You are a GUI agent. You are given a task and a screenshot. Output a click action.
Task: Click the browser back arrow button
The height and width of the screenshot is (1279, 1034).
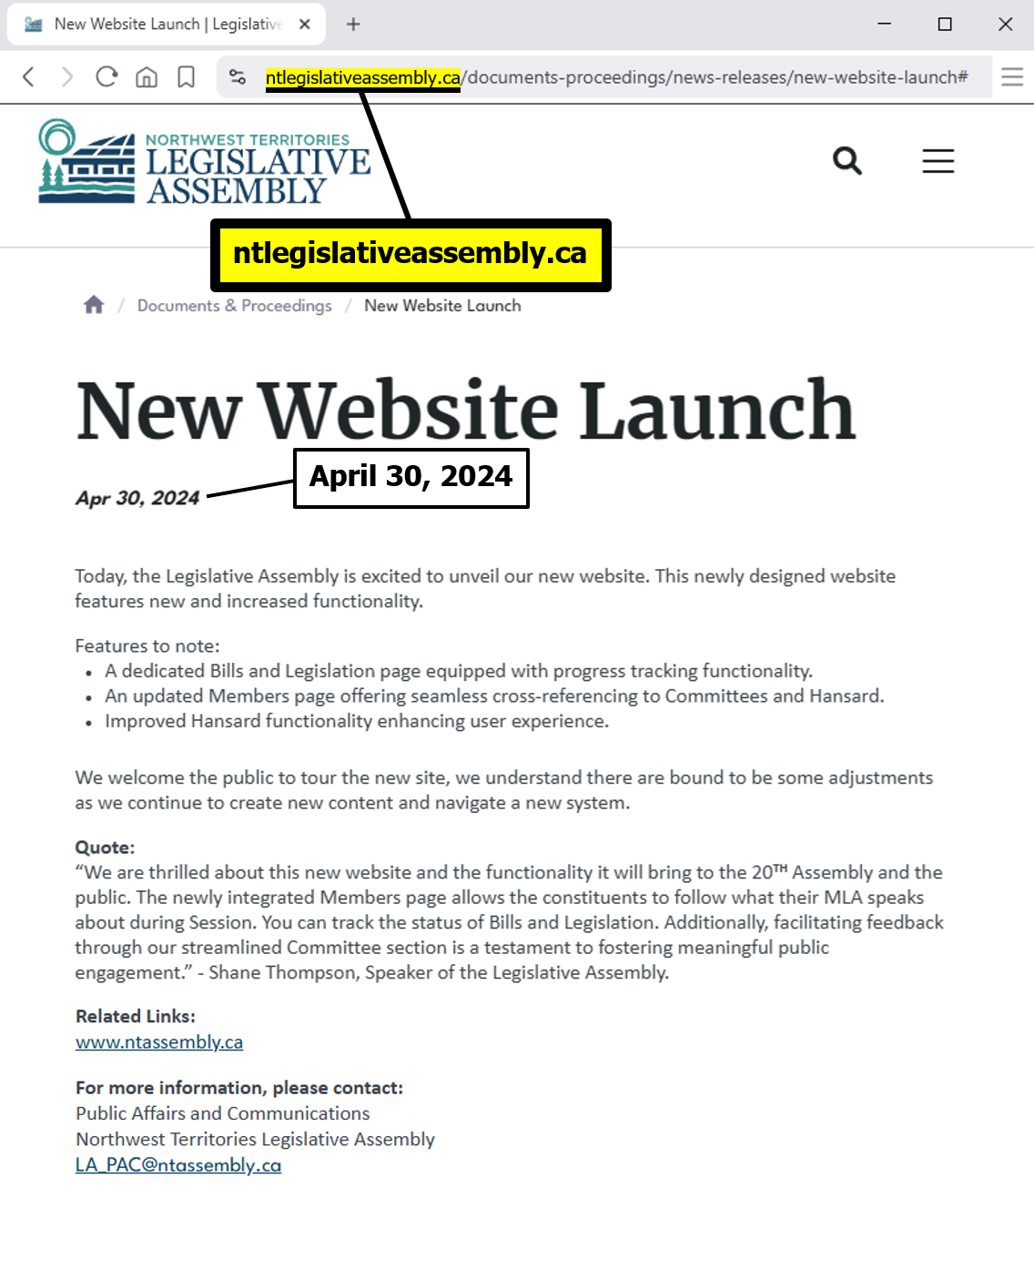point(29,77)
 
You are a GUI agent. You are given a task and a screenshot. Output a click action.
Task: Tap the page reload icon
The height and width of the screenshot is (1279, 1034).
point(106,77)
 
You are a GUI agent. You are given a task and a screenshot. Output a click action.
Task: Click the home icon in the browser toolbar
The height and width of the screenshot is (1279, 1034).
point(147,77)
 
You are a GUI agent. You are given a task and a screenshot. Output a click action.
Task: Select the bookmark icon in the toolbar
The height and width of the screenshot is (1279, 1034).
point(186,77)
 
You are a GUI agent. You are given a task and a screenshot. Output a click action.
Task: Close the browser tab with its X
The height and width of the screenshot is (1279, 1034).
point(305,25)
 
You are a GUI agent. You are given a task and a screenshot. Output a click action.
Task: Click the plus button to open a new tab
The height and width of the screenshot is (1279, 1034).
point(353,25)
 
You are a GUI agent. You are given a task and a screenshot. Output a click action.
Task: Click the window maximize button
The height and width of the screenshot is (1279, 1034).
point(945,25)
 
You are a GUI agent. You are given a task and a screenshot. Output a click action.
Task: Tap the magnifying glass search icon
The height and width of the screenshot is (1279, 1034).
point(846,161)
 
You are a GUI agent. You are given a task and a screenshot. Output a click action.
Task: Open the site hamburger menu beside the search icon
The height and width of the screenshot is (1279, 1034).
point(938,161)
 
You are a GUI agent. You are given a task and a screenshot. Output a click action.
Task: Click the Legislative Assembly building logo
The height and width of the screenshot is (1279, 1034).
point(86,162)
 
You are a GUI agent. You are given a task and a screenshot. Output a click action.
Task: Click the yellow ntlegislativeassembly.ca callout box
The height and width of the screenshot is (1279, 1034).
point(411,255)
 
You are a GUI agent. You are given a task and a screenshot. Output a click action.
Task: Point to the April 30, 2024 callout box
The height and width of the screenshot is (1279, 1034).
point(411,478)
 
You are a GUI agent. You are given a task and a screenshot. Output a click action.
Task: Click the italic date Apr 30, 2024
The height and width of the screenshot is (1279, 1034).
point(137,498)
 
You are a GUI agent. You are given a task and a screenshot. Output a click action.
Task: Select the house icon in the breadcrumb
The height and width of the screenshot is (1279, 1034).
point(94,305)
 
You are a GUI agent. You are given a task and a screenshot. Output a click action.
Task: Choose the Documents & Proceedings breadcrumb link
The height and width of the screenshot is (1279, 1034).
point(234,306)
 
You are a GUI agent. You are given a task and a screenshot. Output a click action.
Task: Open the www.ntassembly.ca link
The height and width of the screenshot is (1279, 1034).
point(159,1042)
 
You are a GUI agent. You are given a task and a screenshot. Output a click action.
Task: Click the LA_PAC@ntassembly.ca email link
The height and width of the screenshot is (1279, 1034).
point(178,1165)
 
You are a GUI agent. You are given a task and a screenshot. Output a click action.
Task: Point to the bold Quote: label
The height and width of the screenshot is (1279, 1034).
point(105,848)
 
